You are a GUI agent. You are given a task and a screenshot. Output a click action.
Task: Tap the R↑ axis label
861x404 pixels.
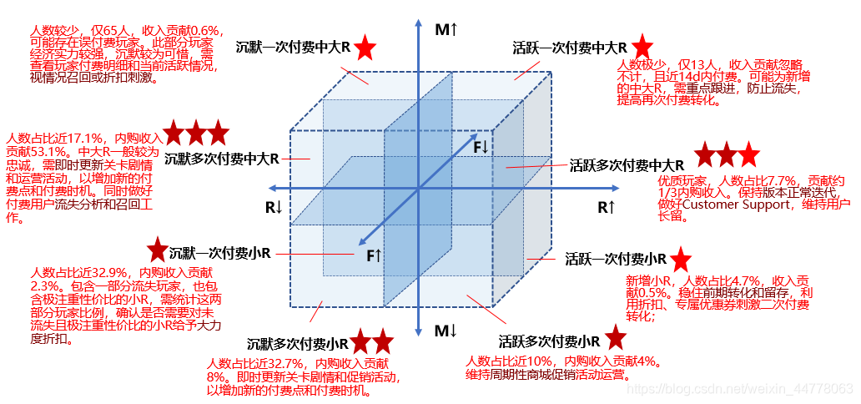(607, 206)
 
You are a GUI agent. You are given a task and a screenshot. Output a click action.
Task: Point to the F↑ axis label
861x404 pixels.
(374, 255)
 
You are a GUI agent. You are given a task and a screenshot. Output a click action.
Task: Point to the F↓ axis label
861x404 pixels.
(481, 147)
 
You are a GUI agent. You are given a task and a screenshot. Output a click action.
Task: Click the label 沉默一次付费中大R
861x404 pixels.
(293, 48)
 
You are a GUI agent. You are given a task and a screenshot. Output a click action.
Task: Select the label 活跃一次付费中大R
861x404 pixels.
(570, 48)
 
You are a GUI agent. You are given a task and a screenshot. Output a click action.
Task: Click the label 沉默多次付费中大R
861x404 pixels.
(222, 158)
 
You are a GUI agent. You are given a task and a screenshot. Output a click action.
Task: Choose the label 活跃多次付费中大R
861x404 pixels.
(627, 165)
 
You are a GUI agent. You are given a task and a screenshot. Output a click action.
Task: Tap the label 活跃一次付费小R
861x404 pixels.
(616, 259)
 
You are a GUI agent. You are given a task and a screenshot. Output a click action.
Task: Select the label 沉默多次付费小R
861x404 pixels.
(298, 343)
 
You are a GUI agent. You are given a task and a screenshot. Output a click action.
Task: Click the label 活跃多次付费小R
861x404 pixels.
(549, 341)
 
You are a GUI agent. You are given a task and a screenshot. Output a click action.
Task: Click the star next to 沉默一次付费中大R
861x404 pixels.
(365, 48)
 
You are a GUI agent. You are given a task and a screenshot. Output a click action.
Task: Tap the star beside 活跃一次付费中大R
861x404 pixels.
(642, 47)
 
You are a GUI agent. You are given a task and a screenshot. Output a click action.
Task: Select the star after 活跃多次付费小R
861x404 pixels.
(616, 338)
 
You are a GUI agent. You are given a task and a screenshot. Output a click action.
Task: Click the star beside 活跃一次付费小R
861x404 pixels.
(681, 258)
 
